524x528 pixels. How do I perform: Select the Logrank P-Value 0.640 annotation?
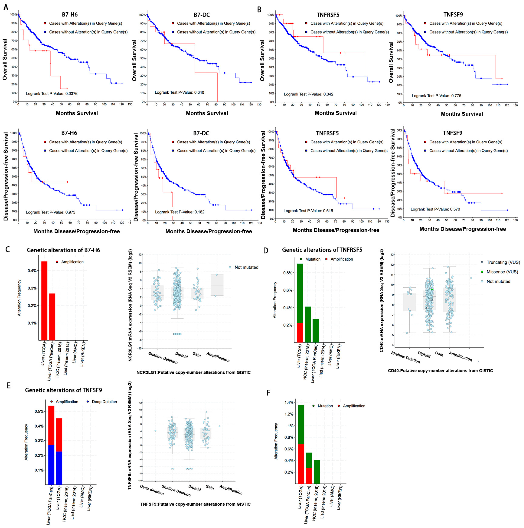pyautogui.click(x=179, y=92)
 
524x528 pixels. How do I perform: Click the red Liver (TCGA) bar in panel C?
pyautogui.click(x=44, y=301)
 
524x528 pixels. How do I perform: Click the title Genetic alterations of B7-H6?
pyautogui.click(x=63, y=250)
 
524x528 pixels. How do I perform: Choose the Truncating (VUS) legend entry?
pyautogui.click(x=503, y=262)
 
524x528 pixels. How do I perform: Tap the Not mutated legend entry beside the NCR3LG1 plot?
pyautogui.click(x=246, y=267)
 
